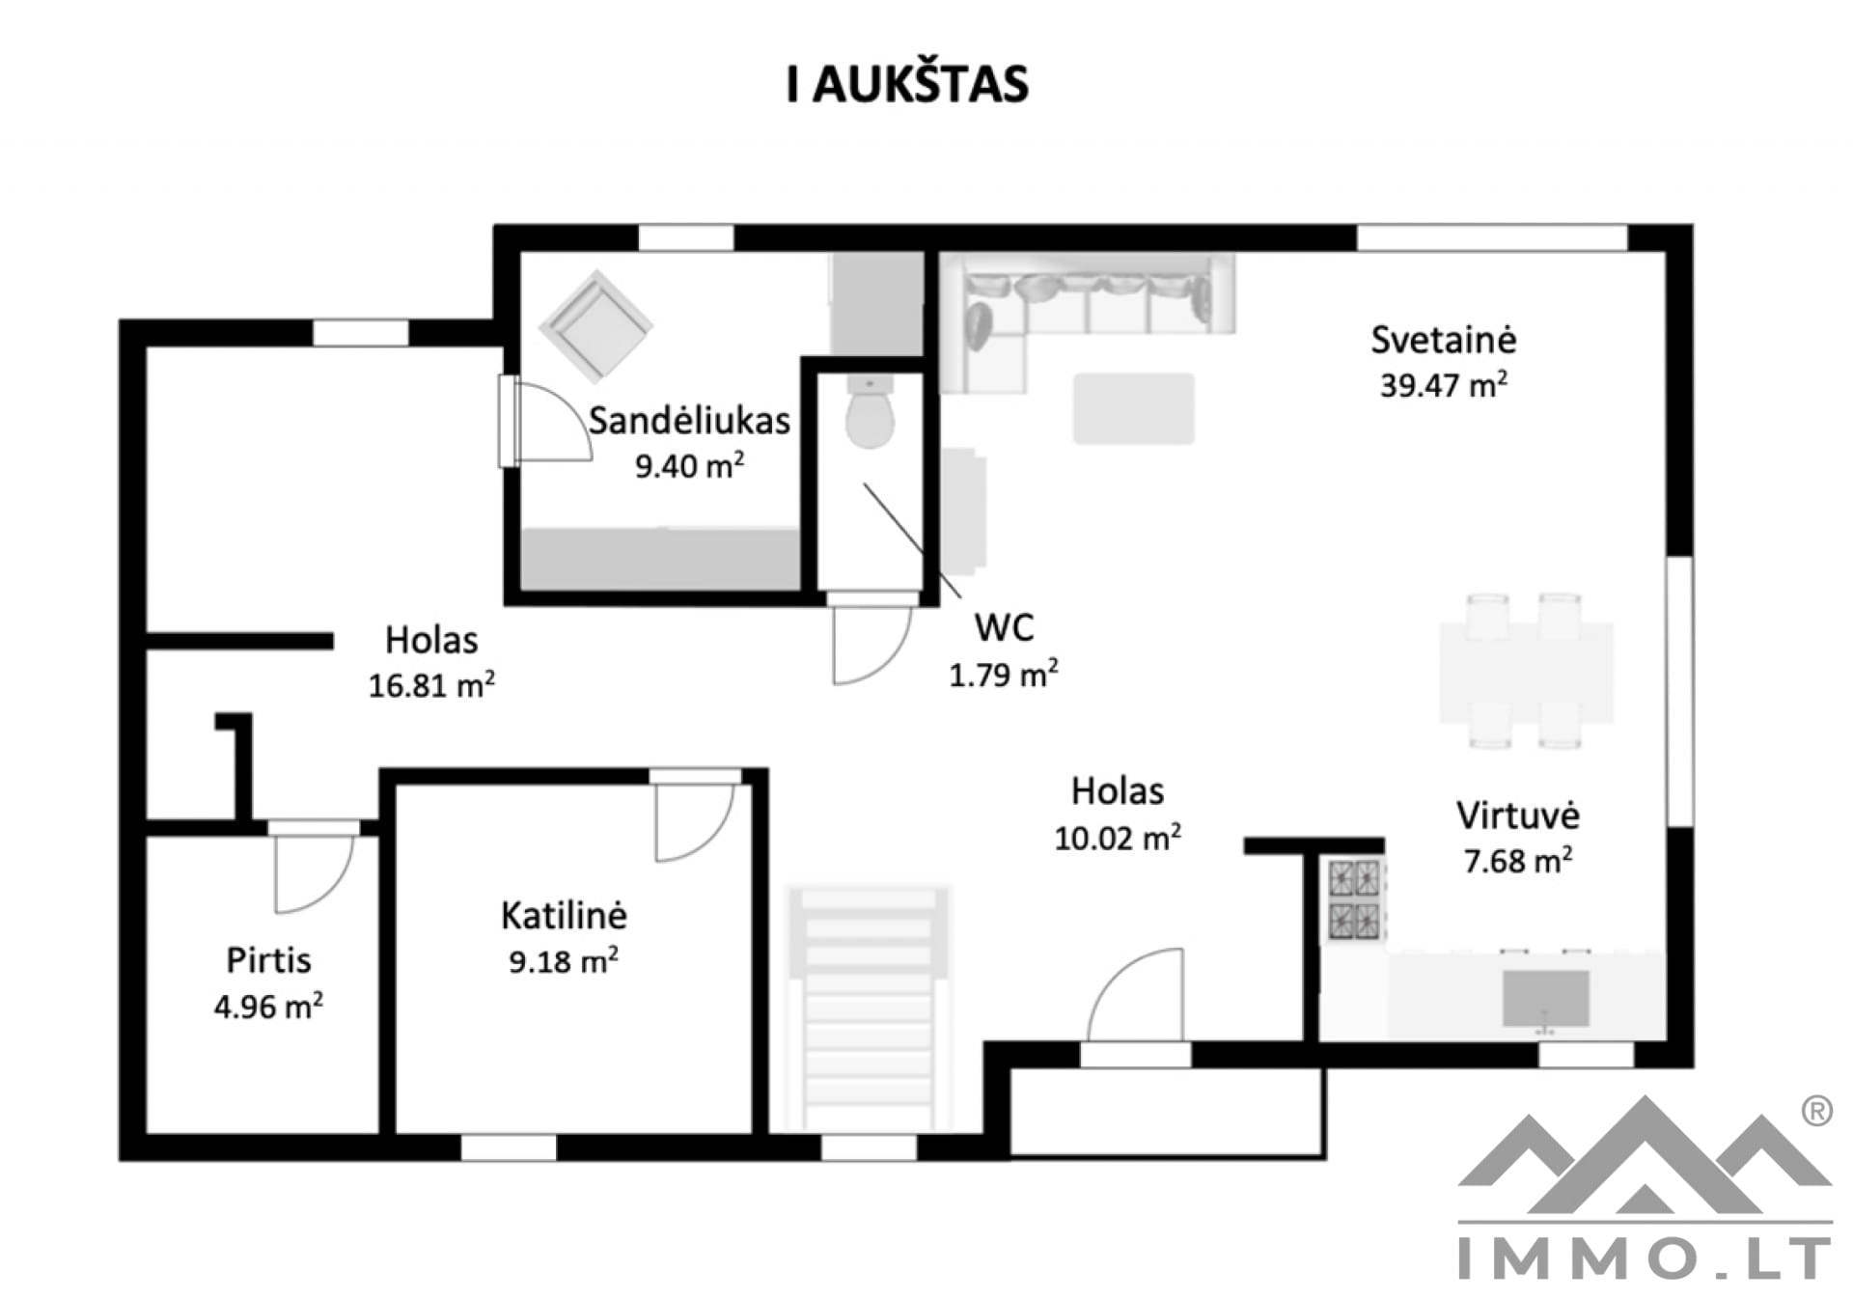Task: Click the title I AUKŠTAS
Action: click(x=907, y=84)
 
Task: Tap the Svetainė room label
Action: click(x=1443, y=340)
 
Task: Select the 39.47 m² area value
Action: click(x=1443, y=385)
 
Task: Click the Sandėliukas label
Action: click(x=689, y=421)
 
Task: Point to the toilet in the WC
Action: click(x=870, y=412)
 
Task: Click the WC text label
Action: click(x=1004, y=628)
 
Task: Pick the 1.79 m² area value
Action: click(x=1004, y=674)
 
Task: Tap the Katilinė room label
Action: click(x=564, y=915)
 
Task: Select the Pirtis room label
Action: click(x=268, y=960)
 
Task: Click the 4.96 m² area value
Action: click(x=268, y=1006)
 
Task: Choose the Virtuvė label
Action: click(x=1517, y=815)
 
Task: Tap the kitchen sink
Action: click(x=1545, y=999)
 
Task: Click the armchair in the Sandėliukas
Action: click(x=595, y=326)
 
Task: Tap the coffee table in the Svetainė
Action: click(x=1134, y=409)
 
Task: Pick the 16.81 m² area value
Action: click(x=431, y=685)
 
